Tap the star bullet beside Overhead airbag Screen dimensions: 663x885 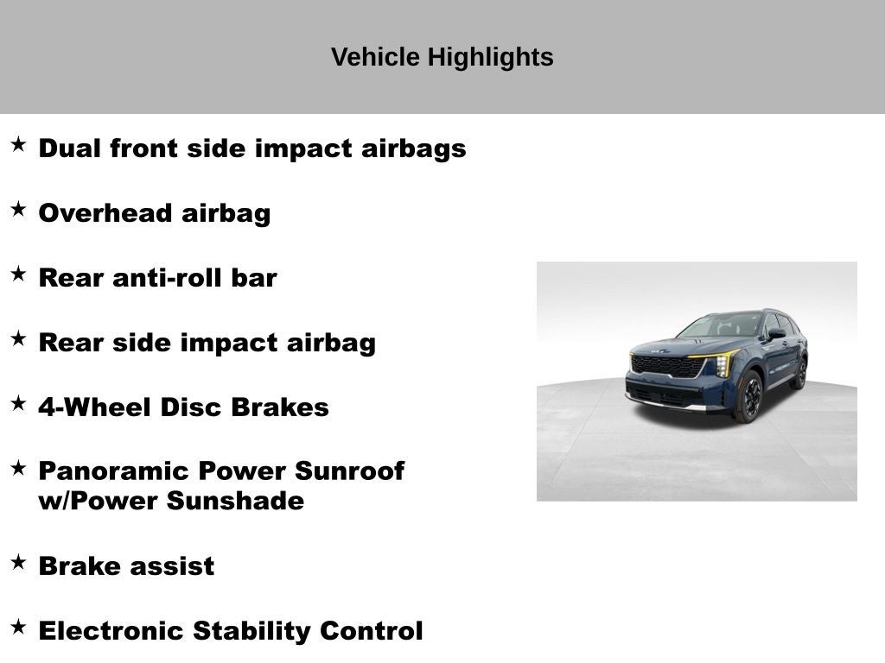(18, 209)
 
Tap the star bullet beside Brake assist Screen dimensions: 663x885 (18, 562)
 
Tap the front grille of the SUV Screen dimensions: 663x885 (665, 366)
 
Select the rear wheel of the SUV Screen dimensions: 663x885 (799, 374)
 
